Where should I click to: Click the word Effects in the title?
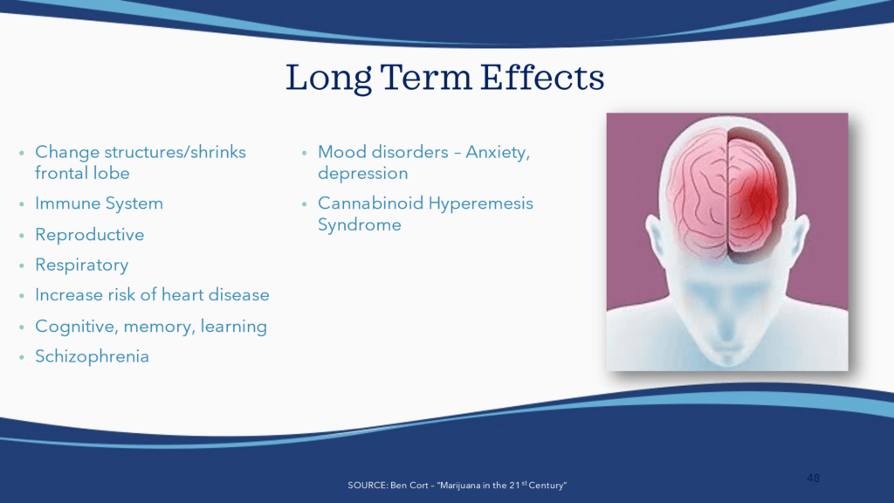[x=541, y=77]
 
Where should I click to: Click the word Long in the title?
[x=328, y=79]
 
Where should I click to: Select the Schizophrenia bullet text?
[x=92, y=356]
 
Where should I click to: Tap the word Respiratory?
[x=81, y=265]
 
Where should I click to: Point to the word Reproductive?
[x=90, y=234]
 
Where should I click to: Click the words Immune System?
[x=100, y=203]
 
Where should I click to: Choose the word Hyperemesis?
[x=481, y=203]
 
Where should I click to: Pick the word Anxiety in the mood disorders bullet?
[x=498, y=152]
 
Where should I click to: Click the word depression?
[x=362, y=174]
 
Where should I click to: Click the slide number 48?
[x=813, y=478]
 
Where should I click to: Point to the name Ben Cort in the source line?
[x=409, y=486]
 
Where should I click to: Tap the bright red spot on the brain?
[x=760, y=200]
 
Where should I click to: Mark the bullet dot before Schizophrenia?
[x=22, y=357]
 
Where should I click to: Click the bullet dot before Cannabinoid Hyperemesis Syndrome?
[x=305, y=204]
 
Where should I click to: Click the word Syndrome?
[x=359, y=225]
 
